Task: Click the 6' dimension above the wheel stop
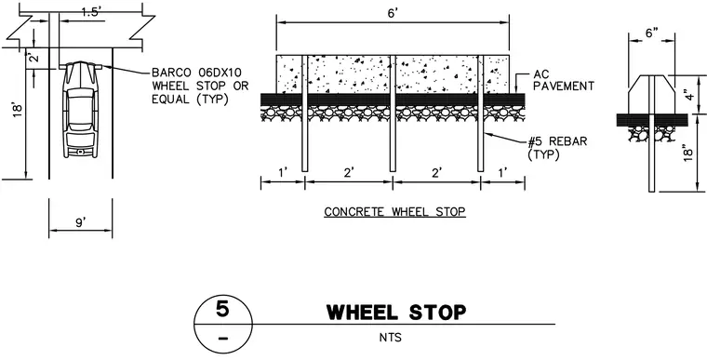[x=393, y=13]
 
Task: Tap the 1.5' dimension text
[x=93, y=13]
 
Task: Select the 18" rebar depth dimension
[x=688, y=153]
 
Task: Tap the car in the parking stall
[x=81, y=110]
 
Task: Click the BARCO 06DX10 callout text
[x=200, y=86]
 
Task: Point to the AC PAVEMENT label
[x=564, y=80]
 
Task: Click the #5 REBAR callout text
[x=557, y=148]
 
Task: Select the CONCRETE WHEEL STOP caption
[x=394, y=211]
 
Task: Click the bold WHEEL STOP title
[x=396, y=313]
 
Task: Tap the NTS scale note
[x=391, y=337]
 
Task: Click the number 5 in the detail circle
[x=222, y=310]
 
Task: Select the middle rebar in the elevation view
[x=393, y=113]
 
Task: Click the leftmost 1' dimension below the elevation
[x=283, y=171]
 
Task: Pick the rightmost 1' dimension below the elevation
[x=502, y=171]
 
